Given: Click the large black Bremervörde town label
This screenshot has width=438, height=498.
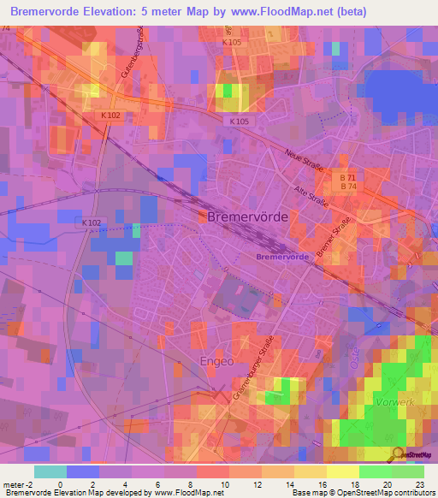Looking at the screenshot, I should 247,217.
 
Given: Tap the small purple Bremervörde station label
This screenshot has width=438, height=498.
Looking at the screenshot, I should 281,257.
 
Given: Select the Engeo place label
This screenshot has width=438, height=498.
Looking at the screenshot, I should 216,361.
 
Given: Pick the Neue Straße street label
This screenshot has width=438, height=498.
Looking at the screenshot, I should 305,160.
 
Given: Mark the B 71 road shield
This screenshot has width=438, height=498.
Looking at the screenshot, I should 348,176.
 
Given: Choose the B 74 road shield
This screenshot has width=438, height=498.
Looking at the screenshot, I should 348,187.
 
